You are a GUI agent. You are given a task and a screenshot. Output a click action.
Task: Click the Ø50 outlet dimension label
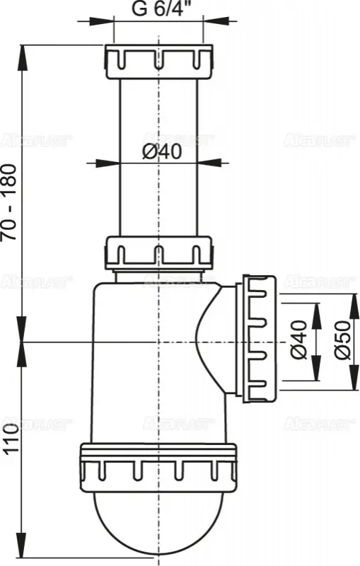[x=343, y=343]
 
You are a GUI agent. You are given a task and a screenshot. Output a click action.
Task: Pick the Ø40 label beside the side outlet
[x=299, y=343]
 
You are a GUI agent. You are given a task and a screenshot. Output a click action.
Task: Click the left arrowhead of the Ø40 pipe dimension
[x=113, y=163]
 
